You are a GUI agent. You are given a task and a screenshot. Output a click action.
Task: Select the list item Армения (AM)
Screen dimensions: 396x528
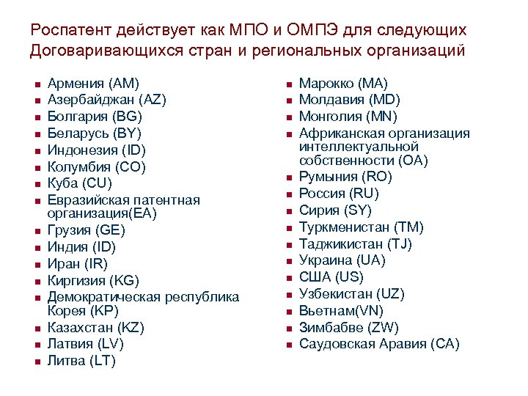coord(93,84)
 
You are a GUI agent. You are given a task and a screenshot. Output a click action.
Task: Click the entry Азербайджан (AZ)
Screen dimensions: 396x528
coord(107,100)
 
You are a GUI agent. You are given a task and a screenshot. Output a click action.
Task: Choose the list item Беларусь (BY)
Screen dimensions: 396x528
coord(95,133)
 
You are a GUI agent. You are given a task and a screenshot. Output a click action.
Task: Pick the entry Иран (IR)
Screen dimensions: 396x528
coord(77,264)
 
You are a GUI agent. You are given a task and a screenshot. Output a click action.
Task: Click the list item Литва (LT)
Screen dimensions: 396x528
coord(81,361)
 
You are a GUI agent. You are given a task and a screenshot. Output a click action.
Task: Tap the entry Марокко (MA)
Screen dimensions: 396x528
coord(344,84)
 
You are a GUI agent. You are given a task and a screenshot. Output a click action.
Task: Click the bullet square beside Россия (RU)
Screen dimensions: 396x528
coord(289,194)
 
